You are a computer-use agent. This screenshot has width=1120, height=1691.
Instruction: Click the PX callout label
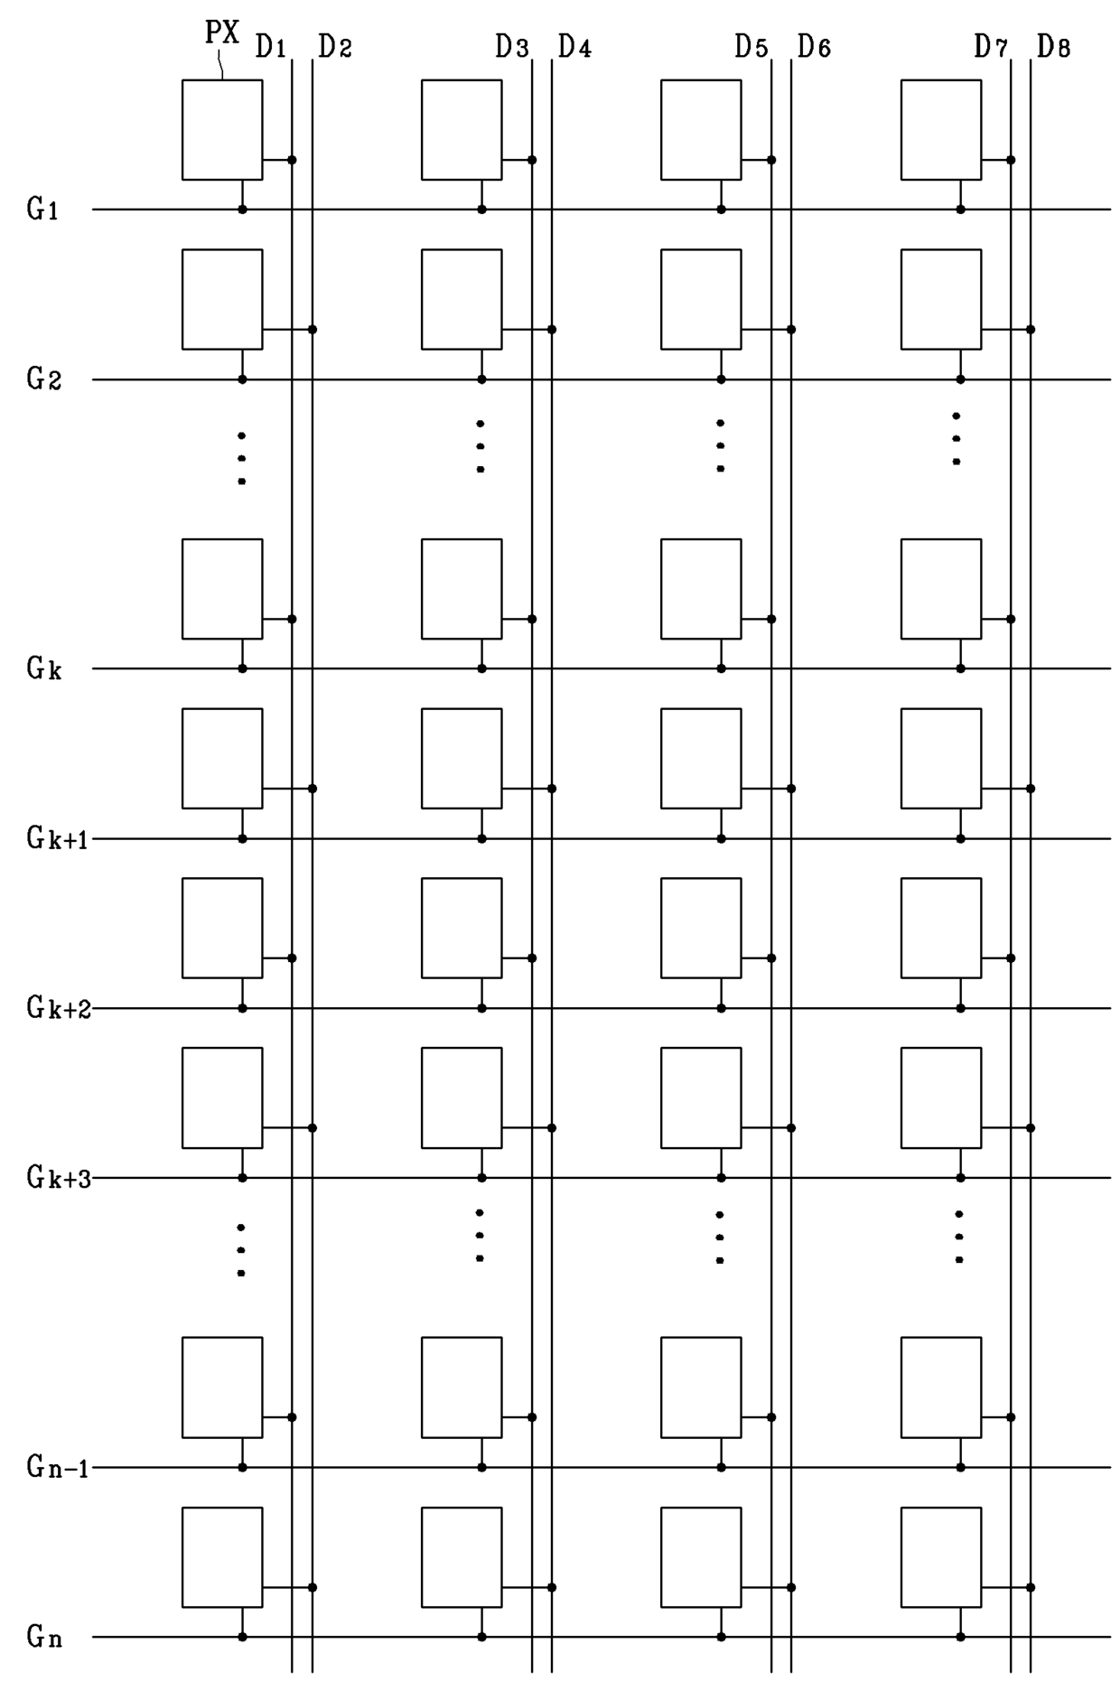(221, 33)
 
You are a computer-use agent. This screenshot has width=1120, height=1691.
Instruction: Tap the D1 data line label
(270, 47)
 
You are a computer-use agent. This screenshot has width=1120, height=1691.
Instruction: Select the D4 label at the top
(574, 47)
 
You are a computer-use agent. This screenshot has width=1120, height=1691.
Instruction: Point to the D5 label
(751, 47)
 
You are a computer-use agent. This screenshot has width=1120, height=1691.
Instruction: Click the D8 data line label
(1053, 47)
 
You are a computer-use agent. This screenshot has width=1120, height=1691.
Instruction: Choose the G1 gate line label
(42, 210)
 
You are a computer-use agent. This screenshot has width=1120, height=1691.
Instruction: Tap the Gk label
(43, 669)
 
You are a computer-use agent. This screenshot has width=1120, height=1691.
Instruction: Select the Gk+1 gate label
(57, 839)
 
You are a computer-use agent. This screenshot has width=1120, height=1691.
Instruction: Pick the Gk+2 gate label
(58, 1008)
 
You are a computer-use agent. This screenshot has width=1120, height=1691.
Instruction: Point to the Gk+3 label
(58, 1178)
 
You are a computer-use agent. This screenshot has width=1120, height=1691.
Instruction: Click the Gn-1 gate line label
(57, 1468)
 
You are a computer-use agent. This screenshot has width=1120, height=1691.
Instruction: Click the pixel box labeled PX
(222, 129)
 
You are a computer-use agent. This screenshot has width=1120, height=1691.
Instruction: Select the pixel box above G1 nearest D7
(940, 129)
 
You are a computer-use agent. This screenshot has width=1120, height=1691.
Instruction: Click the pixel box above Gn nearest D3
(462, 1557)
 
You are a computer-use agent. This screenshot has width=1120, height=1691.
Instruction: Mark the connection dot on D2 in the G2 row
(313, 330)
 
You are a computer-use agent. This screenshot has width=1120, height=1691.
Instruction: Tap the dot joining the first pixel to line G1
(242, 210)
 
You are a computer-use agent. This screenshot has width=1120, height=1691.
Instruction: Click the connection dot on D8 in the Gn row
(1031, 1587)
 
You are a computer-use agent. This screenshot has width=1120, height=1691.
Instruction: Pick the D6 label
(814, 47)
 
